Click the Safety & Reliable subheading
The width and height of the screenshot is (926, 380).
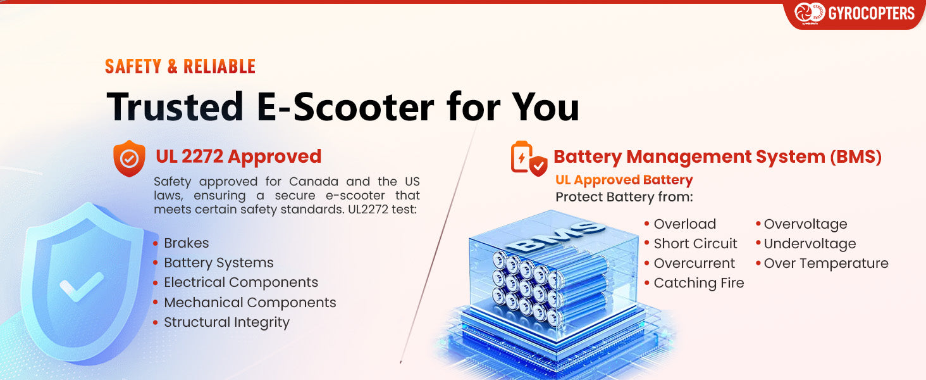coord(180,66)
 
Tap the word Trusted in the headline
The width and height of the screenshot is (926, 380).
coord(175,107)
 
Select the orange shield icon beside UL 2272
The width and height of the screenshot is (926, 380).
coord(130,158)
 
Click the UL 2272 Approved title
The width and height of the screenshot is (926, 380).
coord(238,156)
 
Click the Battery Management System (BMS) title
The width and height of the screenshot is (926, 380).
coord(718,156)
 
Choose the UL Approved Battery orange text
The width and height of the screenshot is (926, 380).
coord(624,180)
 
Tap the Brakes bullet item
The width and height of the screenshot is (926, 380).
coord(186,243)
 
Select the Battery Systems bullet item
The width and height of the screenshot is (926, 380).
coord(219,263)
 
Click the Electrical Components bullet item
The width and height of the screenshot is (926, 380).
coord(241,282)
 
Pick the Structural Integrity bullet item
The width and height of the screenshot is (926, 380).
coord(226,322)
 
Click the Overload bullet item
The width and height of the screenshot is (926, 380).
coord(684,224)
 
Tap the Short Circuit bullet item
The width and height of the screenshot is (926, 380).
coord(695,243)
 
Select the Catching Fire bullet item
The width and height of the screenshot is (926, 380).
coord(699,282)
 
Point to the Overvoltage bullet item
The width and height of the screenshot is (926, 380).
coord(805,224)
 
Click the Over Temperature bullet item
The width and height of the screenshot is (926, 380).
coord(826,263)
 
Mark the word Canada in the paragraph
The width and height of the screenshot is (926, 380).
coord(313,181)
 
